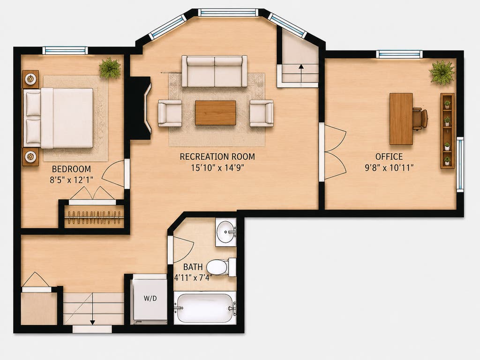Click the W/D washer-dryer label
tap(150, 298)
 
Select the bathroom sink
tap(226, 232)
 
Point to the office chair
tap(420, 119)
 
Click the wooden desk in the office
tap(401, 119)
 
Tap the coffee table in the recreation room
tap(216, 112)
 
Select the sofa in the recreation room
tap(214, 71)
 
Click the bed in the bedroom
tap(58, 118)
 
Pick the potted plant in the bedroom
tap(110, 68)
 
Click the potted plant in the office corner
tap(441, 72)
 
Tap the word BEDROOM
tap(71, 169)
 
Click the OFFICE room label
tap(389, 157)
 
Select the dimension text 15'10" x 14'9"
tap(217, 168)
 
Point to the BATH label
tap(193, 267)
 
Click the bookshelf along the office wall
tap(447, 131)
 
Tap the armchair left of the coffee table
tap(170, 113)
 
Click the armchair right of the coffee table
tap(262, 113)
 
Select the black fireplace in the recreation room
tap(140, 108)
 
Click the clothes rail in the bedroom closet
tap(94, 217)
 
